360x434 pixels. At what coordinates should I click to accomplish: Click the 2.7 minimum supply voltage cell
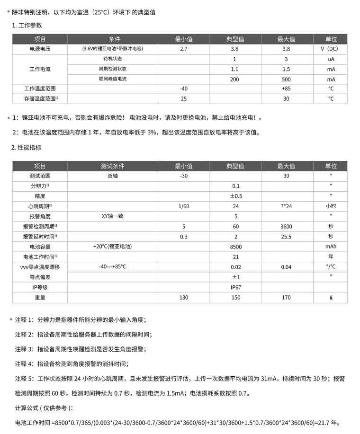[183, 49]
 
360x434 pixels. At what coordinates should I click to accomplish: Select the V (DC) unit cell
[331, 49]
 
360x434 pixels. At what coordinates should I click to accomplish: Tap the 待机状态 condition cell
[112, 59]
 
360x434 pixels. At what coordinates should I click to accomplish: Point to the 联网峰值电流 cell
[112, 79]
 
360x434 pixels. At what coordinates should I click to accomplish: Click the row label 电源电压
[40, 49]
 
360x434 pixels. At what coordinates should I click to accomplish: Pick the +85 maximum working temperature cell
[286, 89]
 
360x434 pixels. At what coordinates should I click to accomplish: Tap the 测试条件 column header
[112, 166]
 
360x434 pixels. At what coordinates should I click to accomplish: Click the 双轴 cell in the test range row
[112, 176]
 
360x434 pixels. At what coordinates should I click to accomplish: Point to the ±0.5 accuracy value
[236, 196]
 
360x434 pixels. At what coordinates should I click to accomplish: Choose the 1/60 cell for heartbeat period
[183, 206]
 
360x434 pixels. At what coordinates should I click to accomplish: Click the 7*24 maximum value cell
[286, 206]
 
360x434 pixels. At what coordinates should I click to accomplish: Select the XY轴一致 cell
[112, 216]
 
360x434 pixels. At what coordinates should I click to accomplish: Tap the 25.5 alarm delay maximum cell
[286, 236]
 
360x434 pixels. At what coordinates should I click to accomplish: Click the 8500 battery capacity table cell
[236, 247]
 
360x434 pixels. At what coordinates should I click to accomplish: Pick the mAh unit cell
[331, 247]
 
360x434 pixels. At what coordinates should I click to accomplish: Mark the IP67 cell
[236, 287]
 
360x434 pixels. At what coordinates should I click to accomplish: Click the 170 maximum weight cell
[286, 297]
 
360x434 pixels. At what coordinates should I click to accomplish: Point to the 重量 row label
[40, 297]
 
